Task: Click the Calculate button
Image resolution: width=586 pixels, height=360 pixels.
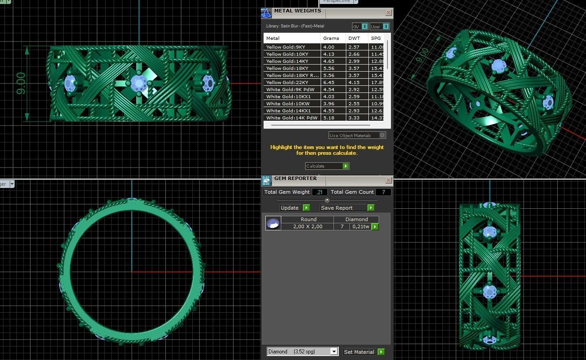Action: (x=327, y=166)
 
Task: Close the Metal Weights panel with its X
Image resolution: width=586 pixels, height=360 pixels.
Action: (x=388, y=13)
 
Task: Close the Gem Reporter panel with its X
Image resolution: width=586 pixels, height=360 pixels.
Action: (x=388, y=180)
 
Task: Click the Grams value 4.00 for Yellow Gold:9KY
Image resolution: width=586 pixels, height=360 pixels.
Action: (x=329, y=47)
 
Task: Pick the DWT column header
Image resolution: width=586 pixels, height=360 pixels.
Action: (x=354, y=38)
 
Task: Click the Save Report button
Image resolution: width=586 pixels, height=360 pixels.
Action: (x=347, y=208)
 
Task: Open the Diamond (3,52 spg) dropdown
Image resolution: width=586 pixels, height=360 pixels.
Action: (x=303, y=352)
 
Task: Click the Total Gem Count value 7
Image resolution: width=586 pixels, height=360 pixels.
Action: (x=383, y=192)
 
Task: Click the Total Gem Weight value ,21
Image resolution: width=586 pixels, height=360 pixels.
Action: (x=319, y=192)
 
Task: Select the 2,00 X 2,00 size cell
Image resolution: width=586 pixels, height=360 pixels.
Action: (x=308, y=226)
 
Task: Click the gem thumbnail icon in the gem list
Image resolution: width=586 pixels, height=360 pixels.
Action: (x=273, y=223)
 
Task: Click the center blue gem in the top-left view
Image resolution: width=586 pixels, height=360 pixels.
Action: (x=139, y=82)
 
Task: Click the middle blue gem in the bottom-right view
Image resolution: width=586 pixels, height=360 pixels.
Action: (x=490, y=291)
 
